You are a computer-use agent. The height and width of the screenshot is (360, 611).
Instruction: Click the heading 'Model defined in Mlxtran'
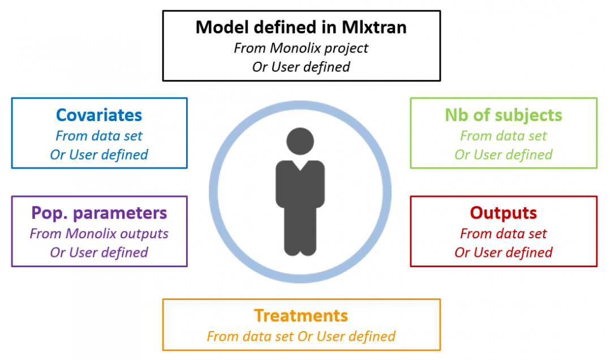(301, 27)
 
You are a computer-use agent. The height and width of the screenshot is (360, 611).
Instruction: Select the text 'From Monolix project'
(301, 48)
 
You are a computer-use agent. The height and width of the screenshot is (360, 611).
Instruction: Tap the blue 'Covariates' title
(99, 115)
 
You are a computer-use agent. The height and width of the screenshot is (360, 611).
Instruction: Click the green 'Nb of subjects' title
(504, 115)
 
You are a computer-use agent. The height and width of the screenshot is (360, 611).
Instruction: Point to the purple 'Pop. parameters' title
(99, 213)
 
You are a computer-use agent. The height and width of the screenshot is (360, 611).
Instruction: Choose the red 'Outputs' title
(504, 213)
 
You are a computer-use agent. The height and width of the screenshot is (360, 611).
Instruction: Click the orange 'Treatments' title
(301, 315)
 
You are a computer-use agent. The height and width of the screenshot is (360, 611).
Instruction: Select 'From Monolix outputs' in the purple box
(99, 233)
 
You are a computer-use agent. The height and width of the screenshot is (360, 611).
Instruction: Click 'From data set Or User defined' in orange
(301, 336)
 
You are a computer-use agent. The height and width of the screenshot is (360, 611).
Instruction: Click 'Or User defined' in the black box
(301, 67)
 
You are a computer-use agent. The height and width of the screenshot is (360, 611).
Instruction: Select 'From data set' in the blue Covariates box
(99, 136)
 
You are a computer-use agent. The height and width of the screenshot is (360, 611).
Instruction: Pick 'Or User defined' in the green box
(504, 155)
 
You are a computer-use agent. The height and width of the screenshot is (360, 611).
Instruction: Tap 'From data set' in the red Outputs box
(504, 233)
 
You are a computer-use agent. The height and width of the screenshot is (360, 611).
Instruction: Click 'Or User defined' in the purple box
(99, 252)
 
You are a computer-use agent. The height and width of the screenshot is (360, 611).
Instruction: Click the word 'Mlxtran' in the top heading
(374, 27)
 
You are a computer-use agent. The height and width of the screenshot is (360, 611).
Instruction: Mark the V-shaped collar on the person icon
(300, 165)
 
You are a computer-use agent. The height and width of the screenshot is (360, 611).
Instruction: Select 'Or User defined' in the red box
(504, 252)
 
